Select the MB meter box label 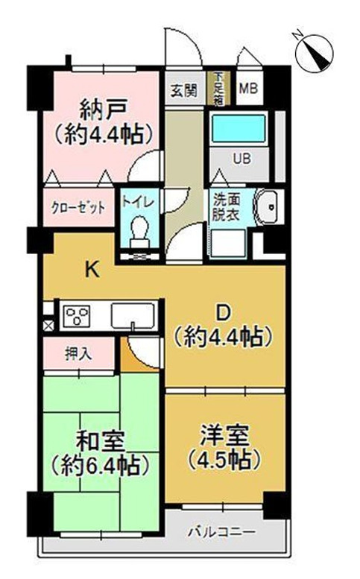tap(247, 91)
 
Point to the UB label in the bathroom tap(242, 158)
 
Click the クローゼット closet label tap(78, 206)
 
